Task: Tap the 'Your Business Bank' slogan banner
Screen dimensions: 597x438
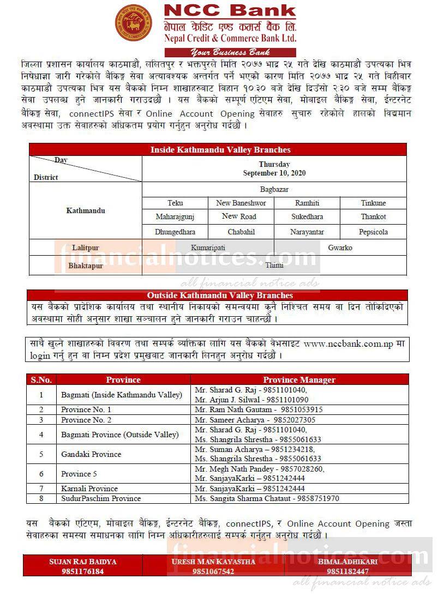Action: point(229,52)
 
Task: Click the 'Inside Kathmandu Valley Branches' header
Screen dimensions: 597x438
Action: point(220,149)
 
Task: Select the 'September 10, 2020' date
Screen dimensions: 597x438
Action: point(274,173)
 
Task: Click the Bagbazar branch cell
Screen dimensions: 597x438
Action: point(274,189)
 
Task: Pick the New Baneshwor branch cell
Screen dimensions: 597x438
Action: point(241,203)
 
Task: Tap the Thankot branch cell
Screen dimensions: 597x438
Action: point(373,216)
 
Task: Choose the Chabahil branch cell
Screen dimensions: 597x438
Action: point(241,232)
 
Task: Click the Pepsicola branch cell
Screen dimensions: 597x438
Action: point(373,232)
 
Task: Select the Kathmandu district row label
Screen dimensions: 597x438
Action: point(86,210)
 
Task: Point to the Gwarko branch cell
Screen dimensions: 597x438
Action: point(340,248)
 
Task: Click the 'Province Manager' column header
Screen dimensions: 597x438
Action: point(299,379)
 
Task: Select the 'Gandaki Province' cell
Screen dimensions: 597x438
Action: point(91,454)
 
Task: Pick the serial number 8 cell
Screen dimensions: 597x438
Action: point(41,498)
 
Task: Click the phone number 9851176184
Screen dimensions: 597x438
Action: point(83,571)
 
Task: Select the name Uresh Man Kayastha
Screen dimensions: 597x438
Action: point(213,562)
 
